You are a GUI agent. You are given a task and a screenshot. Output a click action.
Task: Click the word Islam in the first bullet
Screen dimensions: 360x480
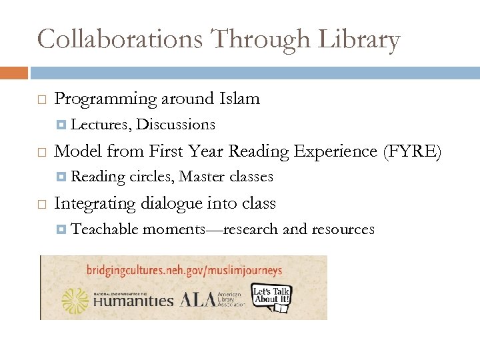click(239, 99)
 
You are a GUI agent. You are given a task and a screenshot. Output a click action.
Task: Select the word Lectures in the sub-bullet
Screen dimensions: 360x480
click(98, 125)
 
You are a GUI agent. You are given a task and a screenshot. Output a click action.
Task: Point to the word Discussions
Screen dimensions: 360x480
click(175, 125)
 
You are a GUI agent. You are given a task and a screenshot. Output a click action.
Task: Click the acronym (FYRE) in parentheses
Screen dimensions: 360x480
click(413, 151)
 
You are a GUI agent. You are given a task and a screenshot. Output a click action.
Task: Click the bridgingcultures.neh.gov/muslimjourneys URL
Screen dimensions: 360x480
click(185, 271)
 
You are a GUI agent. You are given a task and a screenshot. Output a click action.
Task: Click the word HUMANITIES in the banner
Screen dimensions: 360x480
click(134, 301)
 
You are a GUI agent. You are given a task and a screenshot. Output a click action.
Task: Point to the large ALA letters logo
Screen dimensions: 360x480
click(195, 299)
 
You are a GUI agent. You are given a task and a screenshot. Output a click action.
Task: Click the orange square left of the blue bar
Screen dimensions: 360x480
click(13, 72)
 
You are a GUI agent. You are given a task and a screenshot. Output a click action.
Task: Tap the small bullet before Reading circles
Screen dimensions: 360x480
click(61, 177)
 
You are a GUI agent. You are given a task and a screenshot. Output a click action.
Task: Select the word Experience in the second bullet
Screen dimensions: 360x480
click(337, 151)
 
